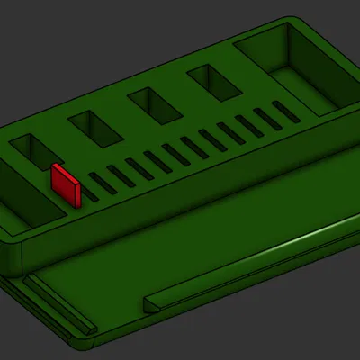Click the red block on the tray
tap(66, 184)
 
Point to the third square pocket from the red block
tap(155, 105)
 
